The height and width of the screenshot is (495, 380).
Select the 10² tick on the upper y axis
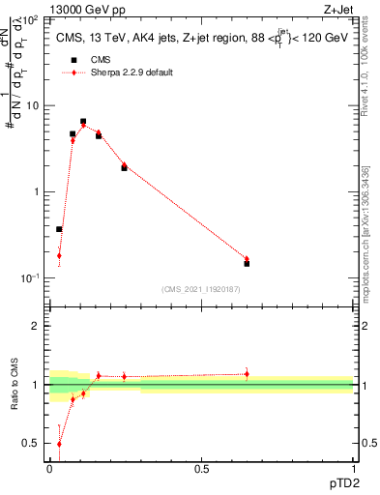point(33,19)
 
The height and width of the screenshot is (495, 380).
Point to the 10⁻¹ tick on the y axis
point(32,277)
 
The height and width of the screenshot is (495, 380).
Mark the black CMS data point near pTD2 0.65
point(247,263)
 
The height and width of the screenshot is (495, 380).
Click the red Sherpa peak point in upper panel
point(83,126)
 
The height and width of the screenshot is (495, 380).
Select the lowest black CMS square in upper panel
point(59,229)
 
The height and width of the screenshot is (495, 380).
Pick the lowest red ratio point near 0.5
point(59,444)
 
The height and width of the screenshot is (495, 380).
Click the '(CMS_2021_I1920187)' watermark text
point(201,289)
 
